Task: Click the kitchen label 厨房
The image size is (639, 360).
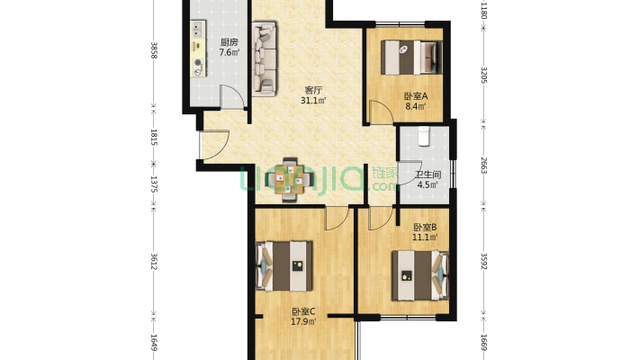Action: click(x=229, y=42)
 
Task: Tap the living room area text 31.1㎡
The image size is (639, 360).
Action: click(x=313, y=100)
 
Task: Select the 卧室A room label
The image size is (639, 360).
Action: click(x=416, y=96)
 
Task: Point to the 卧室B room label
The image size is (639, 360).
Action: click(x=425, y=227)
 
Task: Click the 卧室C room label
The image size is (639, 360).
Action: click(x=303, y=312)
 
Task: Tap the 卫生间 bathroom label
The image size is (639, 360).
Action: click(x=427, y=175)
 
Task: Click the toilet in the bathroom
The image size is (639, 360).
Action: click(x=424, y=136)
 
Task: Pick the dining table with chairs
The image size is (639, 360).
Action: click(x=289, y=180)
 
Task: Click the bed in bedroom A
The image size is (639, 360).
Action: click(x=411, y=57)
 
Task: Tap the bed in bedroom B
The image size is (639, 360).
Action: click(x=420, y=275)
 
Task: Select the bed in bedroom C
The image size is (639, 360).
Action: click(x=284, y=266)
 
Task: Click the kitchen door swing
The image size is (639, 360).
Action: click(x=232, y=97)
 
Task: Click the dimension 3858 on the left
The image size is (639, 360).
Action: click(x=154, y=50)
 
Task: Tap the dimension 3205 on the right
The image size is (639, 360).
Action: click(x=483, y=75)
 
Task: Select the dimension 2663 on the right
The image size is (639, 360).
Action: click(x=483, y=165)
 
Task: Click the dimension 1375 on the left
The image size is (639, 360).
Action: click(x=154, y=184)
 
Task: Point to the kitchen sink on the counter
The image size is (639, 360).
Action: click(x=198, y=29)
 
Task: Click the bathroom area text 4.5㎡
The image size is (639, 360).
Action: click(x=427, y=184)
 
